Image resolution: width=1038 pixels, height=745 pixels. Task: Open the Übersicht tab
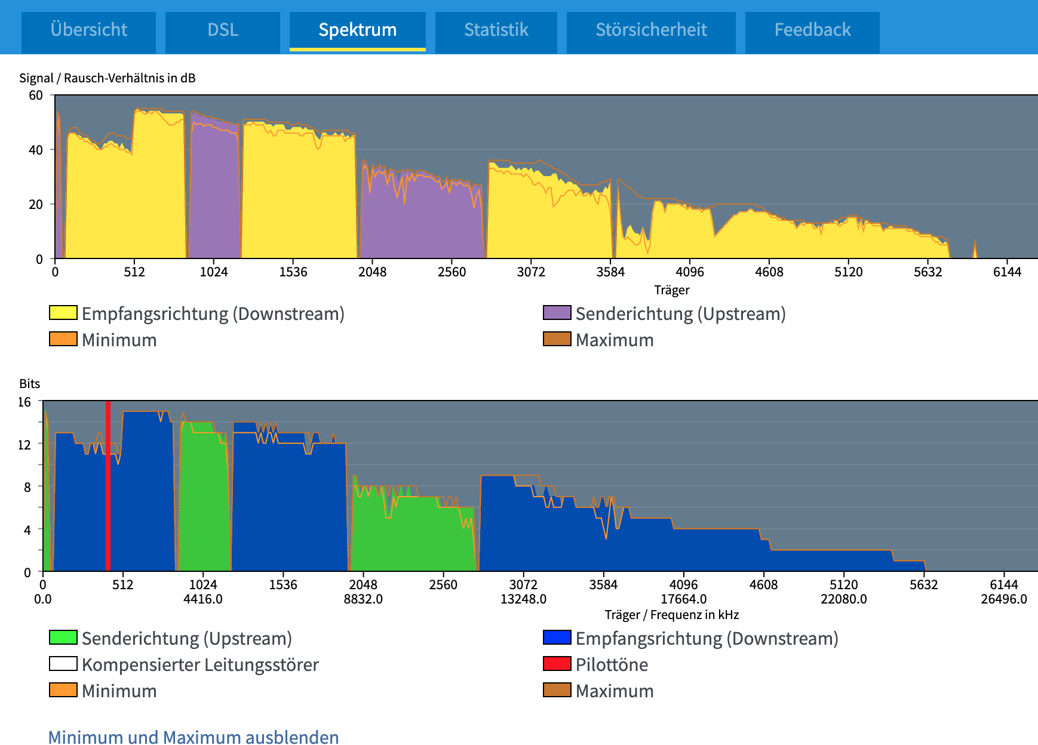(x=88, y=30)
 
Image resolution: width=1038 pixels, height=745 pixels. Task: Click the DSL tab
(x=223, y=30)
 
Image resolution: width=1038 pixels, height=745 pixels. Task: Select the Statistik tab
(x=496, y=30)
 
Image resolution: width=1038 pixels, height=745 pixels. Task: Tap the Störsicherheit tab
(x=651, y=30)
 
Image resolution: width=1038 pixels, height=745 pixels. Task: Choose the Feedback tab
(x=812, y=30)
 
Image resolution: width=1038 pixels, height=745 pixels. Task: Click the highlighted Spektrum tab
(x=357, y=30)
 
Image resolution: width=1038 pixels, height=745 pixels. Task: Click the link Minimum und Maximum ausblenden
(x=194, y=737)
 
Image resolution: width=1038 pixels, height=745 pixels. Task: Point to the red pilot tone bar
(x=108, y=487)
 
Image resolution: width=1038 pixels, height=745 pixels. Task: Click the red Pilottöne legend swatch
(x=557, y=664)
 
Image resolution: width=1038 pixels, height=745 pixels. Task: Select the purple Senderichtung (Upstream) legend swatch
(x=557, y=313)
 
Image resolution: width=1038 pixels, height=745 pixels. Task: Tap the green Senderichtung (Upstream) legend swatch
(x=63, y=638)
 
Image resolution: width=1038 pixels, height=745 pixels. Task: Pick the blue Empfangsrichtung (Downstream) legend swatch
(x=557, y=638)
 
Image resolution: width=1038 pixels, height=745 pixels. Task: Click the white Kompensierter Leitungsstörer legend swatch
(x=63, y=664)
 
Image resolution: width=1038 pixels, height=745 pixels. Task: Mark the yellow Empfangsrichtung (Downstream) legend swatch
(x=63, y=313)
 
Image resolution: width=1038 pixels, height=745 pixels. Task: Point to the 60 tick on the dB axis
(x=36, y=96)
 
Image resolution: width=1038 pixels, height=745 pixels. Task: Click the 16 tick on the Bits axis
(x=24, y=402)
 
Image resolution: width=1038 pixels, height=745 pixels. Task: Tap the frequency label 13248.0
(x=523, y=599)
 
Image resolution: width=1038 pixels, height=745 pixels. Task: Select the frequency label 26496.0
(x=1003, y=599)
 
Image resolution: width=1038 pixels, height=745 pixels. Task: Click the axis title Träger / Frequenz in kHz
(x=671, y=615)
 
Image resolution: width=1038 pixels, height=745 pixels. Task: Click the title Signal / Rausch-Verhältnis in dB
(x=108, y=78)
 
